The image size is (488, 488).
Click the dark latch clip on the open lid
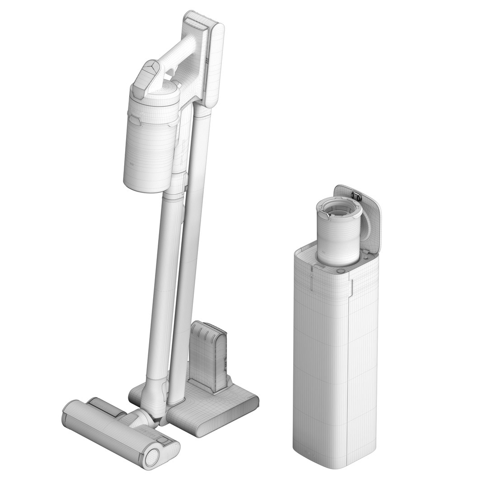pyautogui.click(x=356, y=196)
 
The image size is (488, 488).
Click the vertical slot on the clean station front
pyautogui.click(x=312, y=282)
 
